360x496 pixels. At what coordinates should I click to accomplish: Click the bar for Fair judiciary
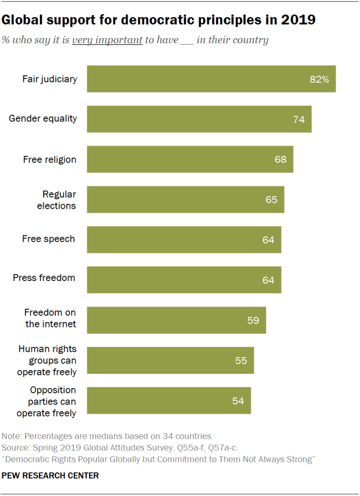pyautogui.click(x=211, y=78)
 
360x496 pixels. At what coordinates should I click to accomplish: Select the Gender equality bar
pyautogui.click(x=199, y=119)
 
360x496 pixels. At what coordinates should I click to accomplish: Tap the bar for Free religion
pyautogui.click(x=190, y=159)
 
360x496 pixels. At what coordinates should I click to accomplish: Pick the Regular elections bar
pyautogui.click(x=186, y=199)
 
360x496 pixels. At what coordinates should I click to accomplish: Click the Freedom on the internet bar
pyautogui.click(x=176, y=320)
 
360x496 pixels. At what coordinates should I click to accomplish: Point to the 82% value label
pyautogui.click(x=319, y=79)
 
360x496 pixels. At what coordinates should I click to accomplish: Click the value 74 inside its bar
pyautogui.click(x=299, y=119)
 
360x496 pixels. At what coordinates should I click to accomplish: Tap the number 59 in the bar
pyautogui.click(x=253, y=320)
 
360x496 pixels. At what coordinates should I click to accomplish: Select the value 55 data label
pyautogui.click(x=241, y=360)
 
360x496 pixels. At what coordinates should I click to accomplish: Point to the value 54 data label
pyautogui.click(x=238, y=401)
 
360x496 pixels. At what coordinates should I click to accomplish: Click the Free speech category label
pyautogui.click(x=48, y=239)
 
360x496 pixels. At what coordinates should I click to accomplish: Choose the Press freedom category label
pyautogui.click(x=44, y=278)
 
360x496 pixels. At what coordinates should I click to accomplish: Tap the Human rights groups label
pyautogui.click(x=47, y=360)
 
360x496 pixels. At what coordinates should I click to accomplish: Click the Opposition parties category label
pyautogui.click(x=47, y=402)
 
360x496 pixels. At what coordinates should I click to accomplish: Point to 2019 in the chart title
pyautogui.click(x=299, y=20)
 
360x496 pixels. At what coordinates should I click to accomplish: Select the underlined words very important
pyautogui.click(x=107, y=40)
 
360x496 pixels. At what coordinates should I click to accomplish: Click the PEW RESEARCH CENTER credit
pyautogui.click(x=50, y=476)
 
